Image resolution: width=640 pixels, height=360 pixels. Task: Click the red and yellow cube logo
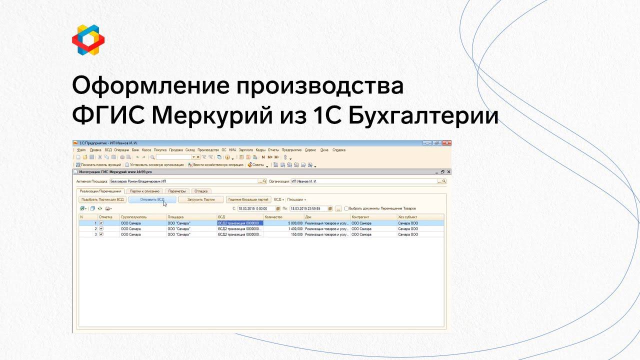tap(88, 39)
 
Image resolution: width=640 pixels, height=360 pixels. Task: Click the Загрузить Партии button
tap(201, 199)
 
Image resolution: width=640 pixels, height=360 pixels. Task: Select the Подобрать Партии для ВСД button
tap(102, 199)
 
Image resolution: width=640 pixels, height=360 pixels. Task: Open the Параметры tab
tap(177, 191)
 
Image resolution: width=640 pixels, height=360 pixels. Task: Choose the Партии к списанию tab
tap(144, 191)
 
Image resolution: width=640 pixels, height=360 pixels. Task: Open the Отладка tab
tap(201, 191)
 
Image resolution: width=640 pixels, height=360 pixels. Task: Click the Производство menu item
tap(208, 150)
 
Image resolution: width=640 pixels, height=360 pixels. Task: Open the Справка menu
tap(338, 150)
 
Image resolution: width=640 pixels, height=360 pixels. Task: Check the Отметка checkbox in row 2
tap(101, 228)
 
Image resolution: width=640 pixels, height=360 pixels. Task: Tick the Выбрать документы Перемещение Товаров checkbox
tap(346, 208)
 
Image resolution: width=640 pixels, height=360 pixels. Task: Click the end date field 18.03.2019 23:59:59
tap(308, 208)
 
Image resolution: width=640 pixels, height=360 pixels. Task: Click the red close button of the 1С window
tap(446, 143)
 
